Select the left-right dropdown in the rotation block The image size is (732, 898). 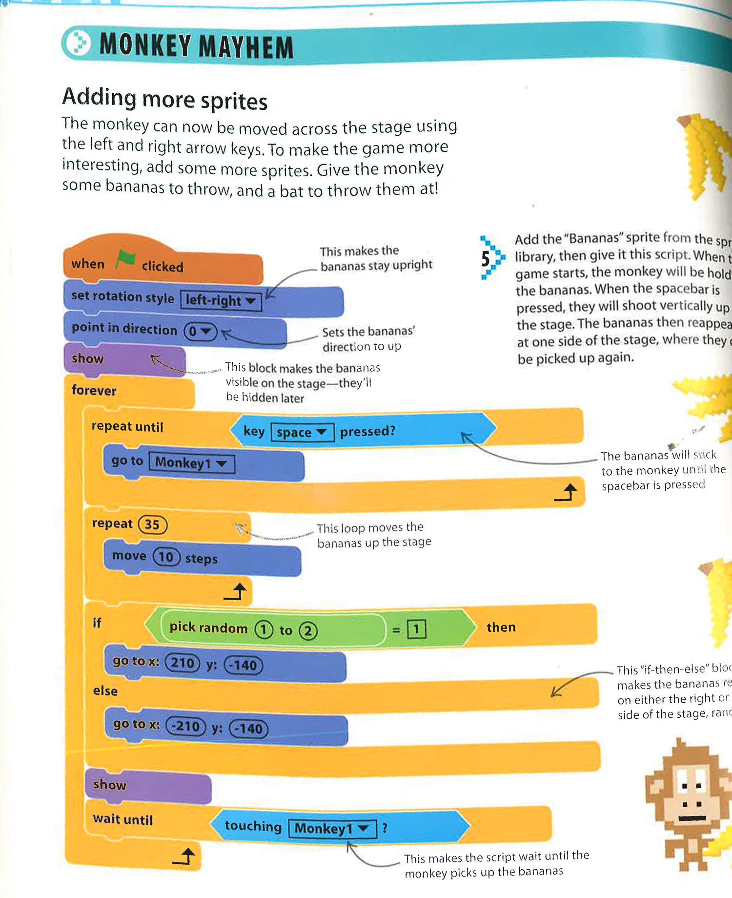click(221, 300)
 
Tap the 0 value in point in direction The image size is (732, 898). click(200, 332)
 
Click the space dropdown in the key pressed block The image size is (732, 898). click(302, 433)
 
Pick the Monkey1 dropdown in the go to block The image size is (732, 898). click(191, 462)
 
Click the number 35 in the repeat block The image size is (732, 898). click(152, 525)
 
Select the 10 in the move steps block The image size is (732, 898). click(166, 557)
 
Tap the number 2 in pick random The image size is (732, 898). click(308, 631)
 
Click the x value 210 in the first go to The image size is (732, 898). click(182, 663)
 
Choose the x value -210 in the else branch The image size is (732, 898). click(186, 727)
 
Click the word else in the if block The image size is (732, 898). click(105, 691)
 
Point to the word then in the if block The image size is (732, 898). click(501, 627)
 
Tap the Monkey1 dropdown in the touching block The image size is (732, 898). click(332, 829)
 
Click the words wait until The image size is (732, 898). click(123, 819)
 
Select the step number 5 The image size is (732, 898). click(486, 259)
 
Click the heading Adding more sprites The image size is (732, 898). click(165, 99)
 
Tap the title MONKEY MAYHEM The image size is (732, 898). click(196, 46)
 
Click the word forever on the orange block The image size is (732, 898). click(94, 391)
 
